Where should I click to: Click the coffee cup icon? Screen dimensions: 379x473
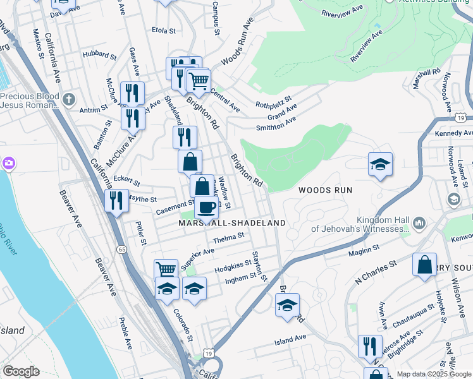[206, 207]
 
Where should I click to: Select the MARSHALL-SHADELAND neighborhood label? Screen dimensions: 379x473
[232, 223]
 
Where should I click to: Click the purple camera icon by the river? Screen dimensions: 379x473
[9, 164]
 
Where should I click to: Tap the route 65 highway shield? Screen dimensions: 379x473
[121, 250]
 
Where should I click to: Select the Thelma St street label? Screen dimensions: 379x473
[228, 238]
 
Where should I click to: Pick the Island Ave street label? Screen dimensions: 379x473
[290, 340]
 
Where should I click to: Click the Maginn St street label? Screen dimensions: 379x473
[363, 253]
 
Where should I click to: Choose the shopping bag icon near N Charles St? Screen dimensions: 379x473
[424, 263]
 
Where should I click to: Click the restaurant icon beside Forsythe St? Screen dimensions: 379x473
[116, 200]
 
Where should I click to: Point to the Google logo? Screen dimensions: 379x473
[21, 371]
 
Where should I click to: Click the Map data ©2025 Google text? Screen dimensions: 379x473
[433, 374]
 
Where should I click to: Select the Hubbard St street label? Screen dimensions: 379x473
[99, 56]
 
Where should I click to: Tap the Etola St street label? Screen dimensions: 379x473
[163, 29]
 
